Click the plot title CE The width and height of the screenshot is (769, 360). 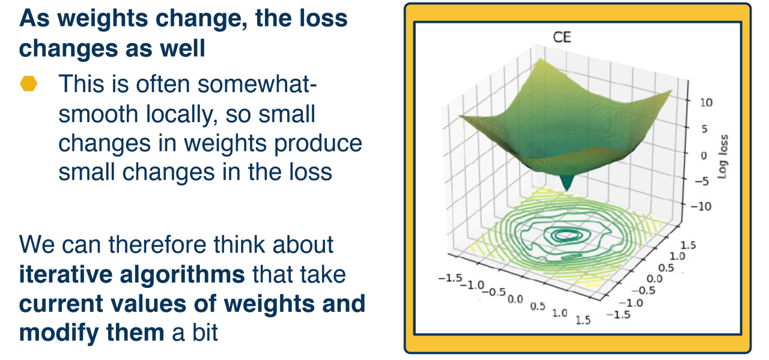click(562, 37)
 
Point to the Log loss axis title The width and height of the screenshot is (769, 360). click(723, 157)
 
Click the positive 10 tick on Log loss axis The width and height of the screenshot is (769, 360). click(706, 102)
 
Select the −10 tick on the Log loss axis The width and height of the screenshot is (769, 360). click(701, 206)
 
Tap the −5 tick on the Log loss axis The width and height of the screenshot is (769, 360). click(702, 181)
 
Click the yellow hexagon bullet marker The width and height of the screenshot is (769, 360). click(28, 84)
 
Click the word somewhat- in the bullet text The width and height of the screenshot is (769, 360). click(257, 84)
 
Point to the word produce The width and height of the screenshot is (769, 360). click(318, 144)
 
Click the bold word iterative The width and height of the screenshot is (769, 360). click(65, 274)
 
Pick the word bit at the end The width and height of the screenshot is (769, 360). click(205, 332)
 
